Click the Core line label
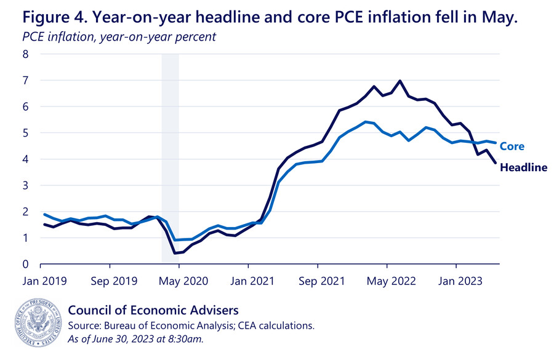click(x=512, y=146)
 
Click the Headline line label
click(x=523, y=167)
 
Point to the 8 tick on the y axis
click(x=26, y=54)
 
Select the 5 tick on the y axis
click(x=26, y=133)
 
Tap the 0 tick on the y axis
click(x=26, y=265)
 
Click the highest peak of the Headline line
click(x=401, y=81)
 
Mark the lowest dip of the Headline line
click(x=174, y=253)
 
